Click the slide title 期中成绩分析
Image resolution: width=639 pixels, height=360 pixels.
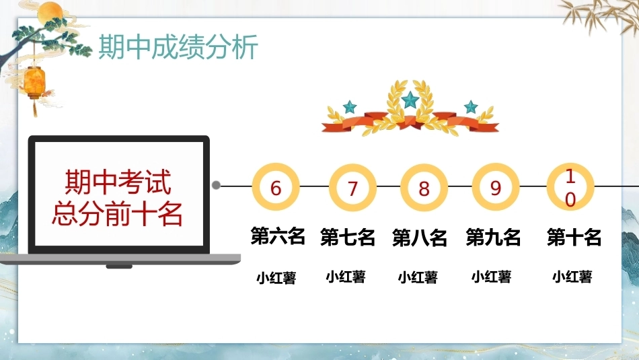pos(178,47)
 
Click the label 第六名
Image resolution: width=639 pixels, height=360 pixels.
pos(278,236)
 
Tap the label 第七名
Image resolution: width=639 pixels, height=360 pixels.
pos(348,238)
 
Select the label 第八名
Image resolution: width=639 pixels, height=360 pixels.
pos(419,238)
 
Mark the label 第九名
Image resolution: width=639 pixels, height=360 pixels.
pos(493,238)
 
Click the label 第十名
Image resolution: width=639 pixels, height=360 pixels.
pos(574,238)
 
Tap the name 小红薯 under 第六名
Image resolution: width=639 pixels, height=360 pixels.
pos(276,278)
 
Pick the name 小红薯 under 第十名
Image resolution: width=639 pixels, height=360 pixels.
pos(572,277)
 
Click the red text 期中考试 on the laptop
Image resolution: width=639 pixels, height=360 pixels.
pos(118,182)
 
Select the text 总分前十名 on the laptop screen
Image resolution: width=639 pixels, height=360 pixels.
pos(117,213)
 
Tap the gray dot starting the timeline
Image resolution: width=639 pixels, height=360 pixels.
pos(217,185)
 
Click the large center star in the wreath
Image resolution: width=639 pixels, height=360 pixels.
pos(410,100)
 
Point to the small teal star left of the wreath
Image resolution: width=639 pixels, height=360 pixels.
pos(349,107)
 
